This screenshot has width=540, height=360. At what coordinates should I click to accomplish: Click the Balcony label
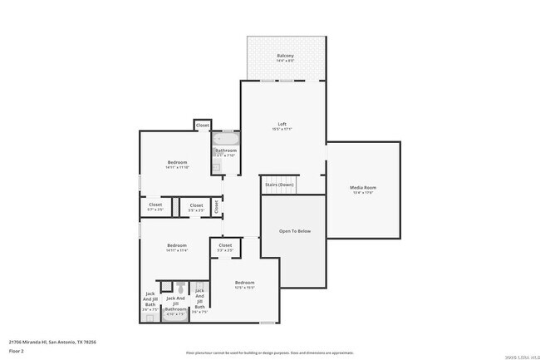point(285,57)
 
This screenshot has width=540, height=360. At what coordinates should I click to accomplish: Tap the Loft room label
point(282,126)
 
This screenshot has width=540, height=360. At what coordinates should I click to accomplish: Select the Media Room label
point(363,190)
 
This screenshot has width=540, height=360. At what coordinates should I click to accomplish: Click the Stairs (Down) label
point(279,184)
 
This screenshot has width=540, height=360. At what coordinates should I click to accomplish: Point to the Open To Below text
point(294,230)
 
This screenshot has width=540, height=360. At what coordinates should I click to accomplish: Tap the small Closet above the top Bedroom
point(202,126)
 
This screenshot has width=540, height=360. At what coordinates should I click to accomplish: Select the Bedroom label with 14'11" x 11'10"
point(177,164)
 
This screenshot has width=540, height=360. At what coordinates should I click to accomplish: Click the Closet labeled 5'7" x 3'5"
point(155,206)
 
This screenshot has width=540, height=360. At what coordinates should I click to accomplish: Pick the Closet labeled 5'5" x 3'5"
point(196,207)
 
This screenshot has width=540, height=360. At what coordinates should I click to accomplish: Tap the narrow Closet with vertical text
point(216,205)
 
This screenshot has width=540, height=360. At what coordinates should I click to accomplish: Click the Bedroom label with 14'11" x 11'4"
point(177,247)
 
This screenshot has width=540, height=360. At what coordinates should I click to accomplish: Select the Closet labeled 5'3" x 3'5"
point(225,247)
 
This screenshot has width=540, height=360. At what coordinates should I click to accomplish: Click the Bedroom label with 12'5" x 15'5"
point(243,284)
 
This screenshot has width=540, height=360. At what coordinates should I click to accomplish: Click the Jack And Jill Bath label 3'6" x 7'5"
point(150,300)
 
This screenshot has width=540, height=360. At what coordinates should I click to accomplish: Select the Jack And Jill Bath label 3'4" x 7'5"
point(199,300)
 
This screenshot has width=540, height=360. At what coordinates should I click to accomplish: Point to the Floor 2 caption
point(16,352)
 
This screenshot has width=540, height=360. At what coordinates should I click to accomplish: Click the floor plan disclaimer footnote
point(270,353)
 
